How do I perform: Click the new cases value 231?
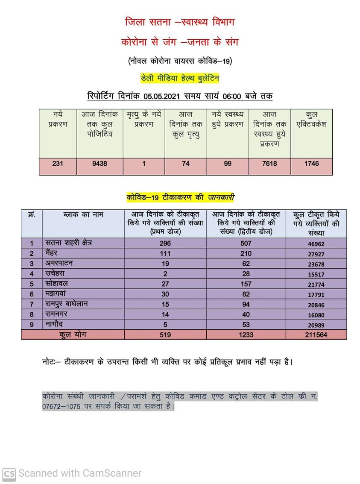click(58, 164)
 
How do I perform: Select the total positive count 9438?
click(100, 164)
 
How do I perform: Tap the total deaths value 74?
click(185, 164)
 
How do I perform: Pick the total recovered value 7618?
click(269, 164)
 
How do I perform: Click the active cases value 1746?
click(311, 164)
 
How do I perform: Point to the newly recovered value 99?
click(228, 164)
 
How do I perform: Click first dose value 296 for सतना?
click(164, 243)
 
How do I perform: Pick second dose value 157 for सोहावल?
click(246, 284)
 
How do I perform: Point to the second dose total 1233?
click(246, 335)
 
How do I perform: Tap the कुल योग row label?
click(73, 335)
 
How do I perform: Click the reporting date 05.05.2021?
click(164, 97)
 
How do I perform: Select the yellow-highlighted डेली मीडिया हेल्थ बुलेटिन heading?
click(180, 78)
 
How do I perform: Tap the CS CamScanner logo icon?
click(9, 473)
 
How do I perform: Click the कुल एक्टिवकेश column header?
click(311, 119)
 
